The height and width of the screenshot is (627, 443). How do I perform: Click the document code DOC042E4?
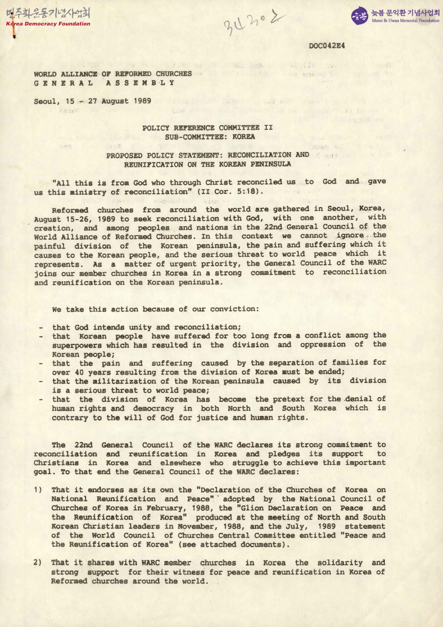click(x=327, y=46)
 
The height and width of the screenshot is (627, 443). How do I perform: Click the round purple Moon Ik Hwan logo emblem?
click(x=359, y=16)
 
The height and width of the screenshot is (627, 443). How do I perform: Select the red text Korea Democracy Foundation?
click(x=48, y=24)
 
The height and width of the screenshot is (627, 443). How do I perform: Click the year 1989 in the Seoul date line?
click(x=142, y=101)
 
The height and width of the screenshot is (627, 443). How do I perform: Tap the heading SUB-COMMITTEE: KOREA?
click(x=210, y=136)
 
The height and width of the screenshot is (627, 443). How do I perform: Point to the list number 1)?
click(x=38, y=490)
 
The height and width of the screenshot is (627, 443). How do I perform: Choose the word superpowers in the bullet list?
click(x=77, y=345)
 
